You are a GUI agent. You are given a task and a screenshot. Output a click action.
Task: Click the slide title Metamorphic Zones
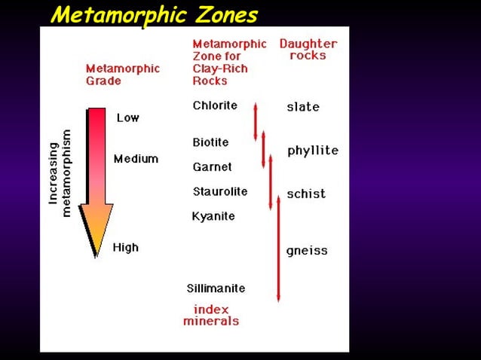pos(154,14)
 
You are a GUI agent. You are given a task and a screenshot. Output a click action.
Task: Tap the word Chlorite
pos(214,105)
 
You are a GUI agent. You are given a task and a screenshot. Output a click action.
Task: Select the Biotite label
pos(210,142)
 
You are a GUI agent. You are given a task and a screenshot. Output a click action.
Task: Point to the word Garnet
pos(212,166)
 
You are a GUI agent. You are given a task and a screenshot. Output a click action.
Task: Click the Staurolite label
pos(219,191)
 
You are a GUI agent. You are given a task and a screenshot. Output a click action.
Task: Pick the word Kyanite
pos(213,216)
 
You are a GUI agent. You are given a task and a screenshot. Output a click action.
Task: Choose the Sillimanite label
pos(216,288)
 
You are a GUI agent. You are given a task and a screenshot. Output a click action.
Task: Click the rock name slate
pos(303,107)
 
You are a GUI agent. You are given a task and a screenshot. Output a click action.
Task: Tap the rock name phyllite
pos(313,151)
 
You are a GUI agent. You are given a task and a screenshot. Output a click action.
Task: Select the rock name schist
pos(306,194)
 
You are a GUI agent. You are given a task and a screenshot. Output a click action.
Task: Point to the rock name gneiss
pos(307,251)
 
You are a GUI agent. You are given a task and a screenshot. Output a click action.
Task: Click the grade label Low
pos(127,117)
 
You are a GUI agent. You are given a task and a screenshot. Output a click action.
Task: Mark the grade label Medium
pos(136,159)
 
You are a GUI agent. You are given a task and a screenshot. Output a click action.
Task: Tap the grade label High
pos(125,247)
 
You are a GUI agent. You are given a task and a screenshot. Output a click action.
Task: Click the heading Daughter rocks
pos(308,50)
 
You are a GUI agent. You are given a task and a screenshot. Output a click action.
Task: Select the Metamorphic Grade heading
pos(122,74)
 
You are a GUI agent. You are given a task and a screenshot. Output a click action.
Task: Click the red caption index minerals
pos(211,315)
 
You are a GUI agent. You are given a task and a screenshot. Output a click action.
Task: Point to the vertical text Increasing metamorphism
pos(60,173)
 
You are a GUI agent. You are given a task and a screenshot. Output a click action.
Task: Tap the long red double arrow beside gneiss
pos(278,249)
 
